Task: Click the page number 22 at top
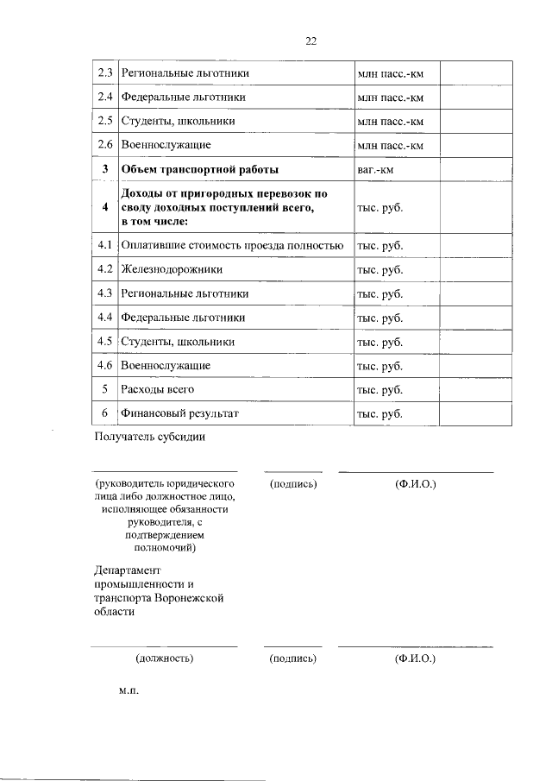[x=311, y=40]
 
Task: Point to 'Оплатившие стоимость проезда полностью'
[x=233, y=246]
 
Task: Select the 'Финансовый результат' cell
[x=179, y=414]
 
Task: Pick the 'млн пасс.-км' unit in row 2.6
[x=390, y=145]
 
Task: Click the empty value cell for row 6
[x=476, y=414]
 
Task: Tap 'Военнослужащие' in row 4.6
[x=166, y=366]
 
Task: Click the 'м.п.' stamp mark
[x=129, y=691]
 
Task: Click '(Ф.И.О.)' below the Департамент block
[x=415, y=659]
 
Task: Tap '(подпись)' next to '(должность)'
[x=293, y=659]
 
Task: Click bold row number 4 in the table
[x=104, y=208]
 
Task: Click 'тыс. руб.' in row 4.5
[x=379, y=342]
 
